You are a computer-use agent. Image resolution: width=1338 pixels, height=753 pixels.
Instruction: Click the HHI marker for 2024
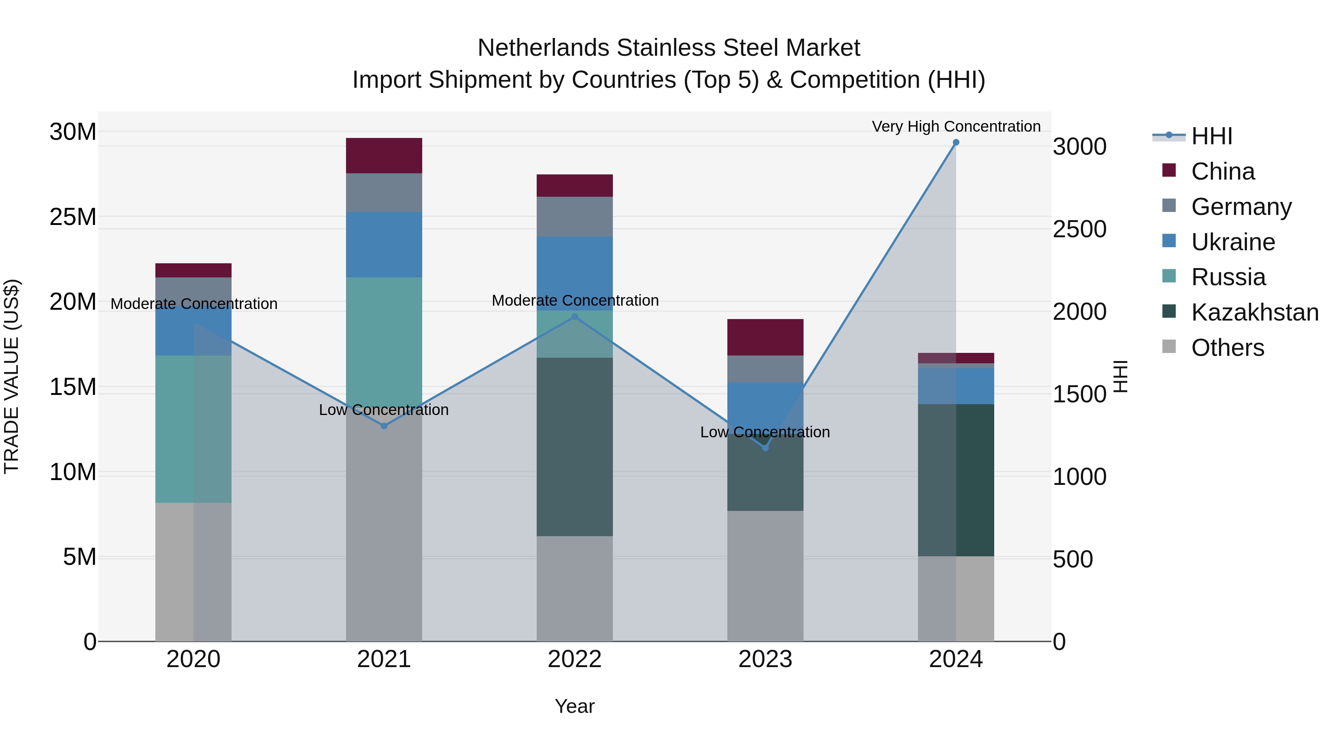coord(956,142)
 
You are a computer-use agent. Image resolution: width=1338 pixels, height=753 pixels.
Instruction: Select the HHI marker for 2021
coord(384,426)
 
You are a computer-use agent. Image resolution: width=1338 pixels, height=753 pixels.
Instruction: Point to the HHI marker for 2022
coord(575,316)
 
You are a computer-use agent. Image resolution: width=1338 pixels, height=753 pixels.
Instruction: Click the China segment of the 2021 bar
coord(384,155)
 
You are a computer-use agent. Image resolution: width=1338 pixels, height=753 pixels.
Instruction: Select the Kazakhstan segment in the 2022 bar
coord(575,447)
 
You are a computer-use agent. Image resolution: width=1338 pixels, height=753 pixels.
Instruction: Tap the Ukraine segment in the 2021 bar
coord(384,244)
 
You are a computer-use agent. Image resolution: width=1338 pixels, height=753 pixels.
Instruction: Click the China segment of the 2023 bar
coord(765,337)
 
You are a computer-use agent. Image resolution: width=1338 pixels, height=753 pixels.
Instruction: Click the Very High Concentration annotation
coord(956,126)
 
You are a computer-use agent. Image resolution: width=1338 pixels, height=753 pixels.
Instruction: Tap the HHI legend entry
coord(1211,136)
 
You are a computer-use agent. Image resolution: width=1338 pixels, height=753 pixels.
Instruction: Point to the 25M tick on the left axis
coord(73,217)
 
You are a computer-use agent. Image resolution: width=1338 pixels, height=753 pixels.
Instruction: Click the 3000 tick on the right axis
coord(1079,147)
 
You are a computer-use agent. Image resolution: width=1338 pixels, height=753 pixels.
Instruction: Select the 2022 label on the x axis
coord(575,659)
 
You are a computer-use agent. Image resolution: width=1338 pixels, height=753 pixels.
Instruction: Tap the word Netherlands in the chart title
coord(543,48)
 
